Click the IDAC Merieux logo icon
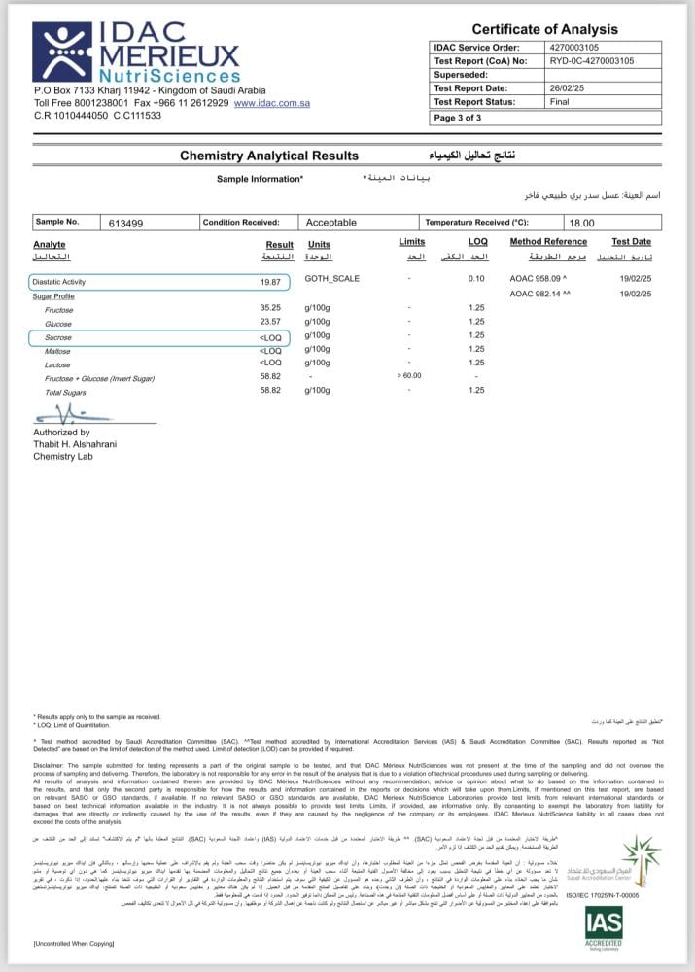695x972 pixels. pyautogui.click(x=62, y=52)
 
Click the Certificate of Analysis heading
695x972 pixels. pyautogui.click(x=545, y=29)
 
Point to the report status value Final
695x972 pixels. pyautogui.click(x=559, y=101)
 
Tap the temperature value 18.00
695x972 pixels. pyautogui.click(x=581, y=223)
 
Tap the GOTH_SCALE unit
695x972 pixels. pyautogui.click(x=332, y=279)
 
